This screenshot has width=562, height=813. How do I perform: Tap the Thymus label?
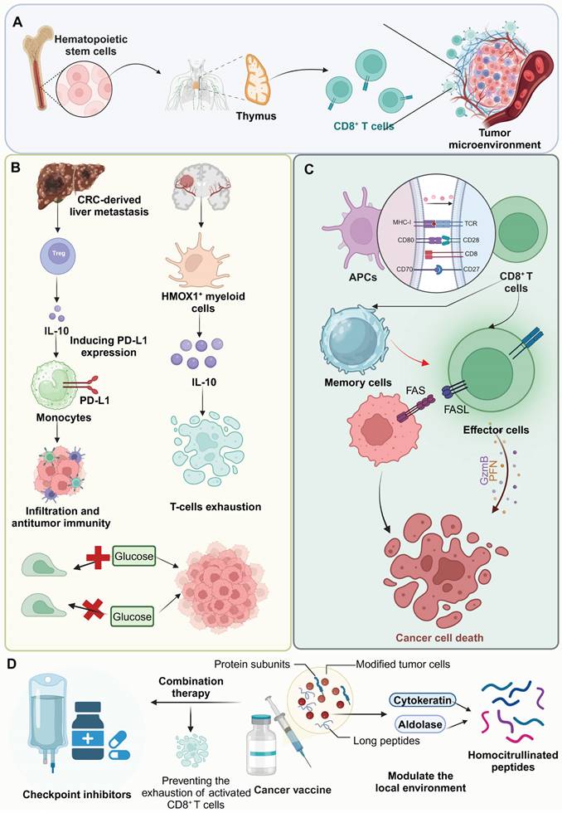click(x=256, y=116)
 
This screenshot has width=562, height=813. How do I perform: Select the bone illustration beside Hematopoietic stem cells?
click(x=40, y=70)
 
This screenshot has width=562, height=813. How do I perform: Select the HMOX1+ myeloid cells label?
click(x=203, y=302)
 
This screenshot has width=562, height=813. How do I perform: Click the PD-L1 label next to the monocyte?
click(x=94, y=400)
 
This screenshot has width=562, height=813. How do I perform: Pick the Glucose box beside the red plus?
click(x=133, y=557)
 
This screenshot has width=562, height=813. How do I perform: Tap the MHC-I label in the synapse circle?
click(x=402, y=223)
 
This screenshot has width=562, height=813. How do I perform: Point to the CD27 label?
click(x=471, y=269)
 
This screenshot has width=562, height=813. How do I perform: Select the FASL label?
click(x=457, y=410)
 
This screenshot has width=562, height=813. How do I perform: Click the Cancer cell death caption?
click(x=439, y=638)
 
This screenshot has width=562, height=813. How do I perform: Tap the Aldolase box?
click(x=420, y=723)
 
